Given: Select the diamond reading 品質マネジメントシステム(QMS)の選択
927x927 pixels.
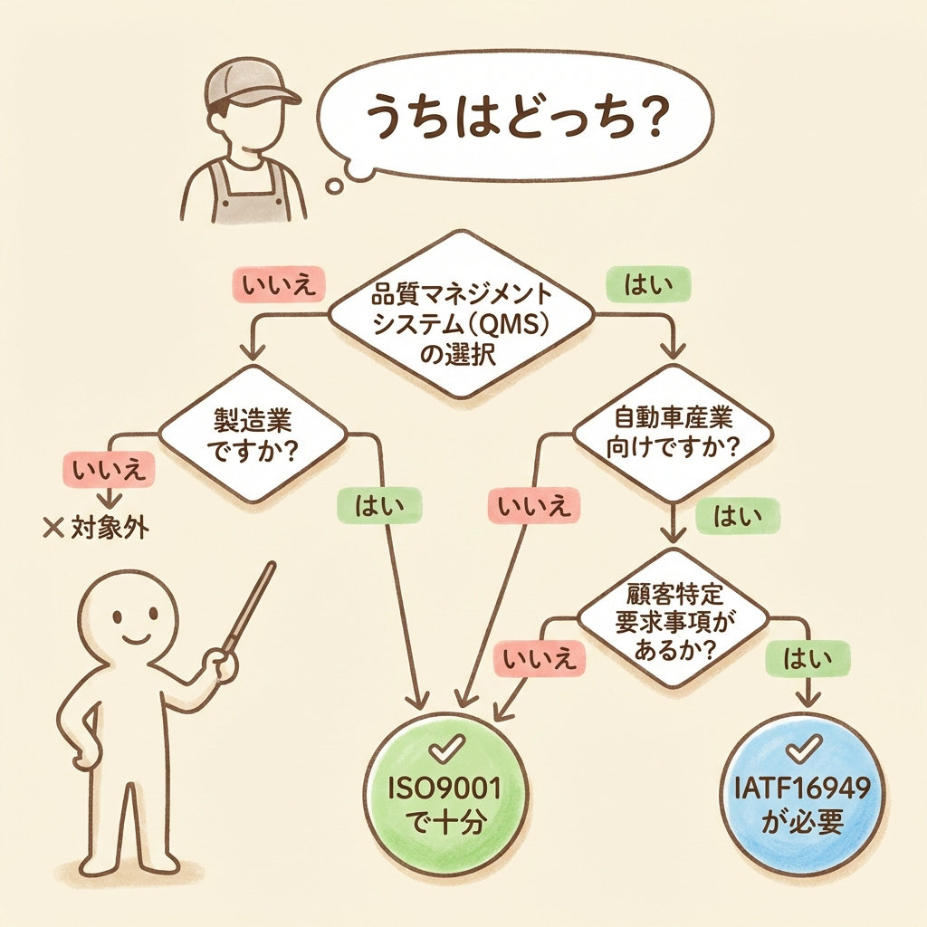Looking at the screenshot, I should [461, 316].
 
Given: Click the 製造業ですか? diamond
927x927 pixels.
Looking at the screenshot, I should [253, 435].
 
